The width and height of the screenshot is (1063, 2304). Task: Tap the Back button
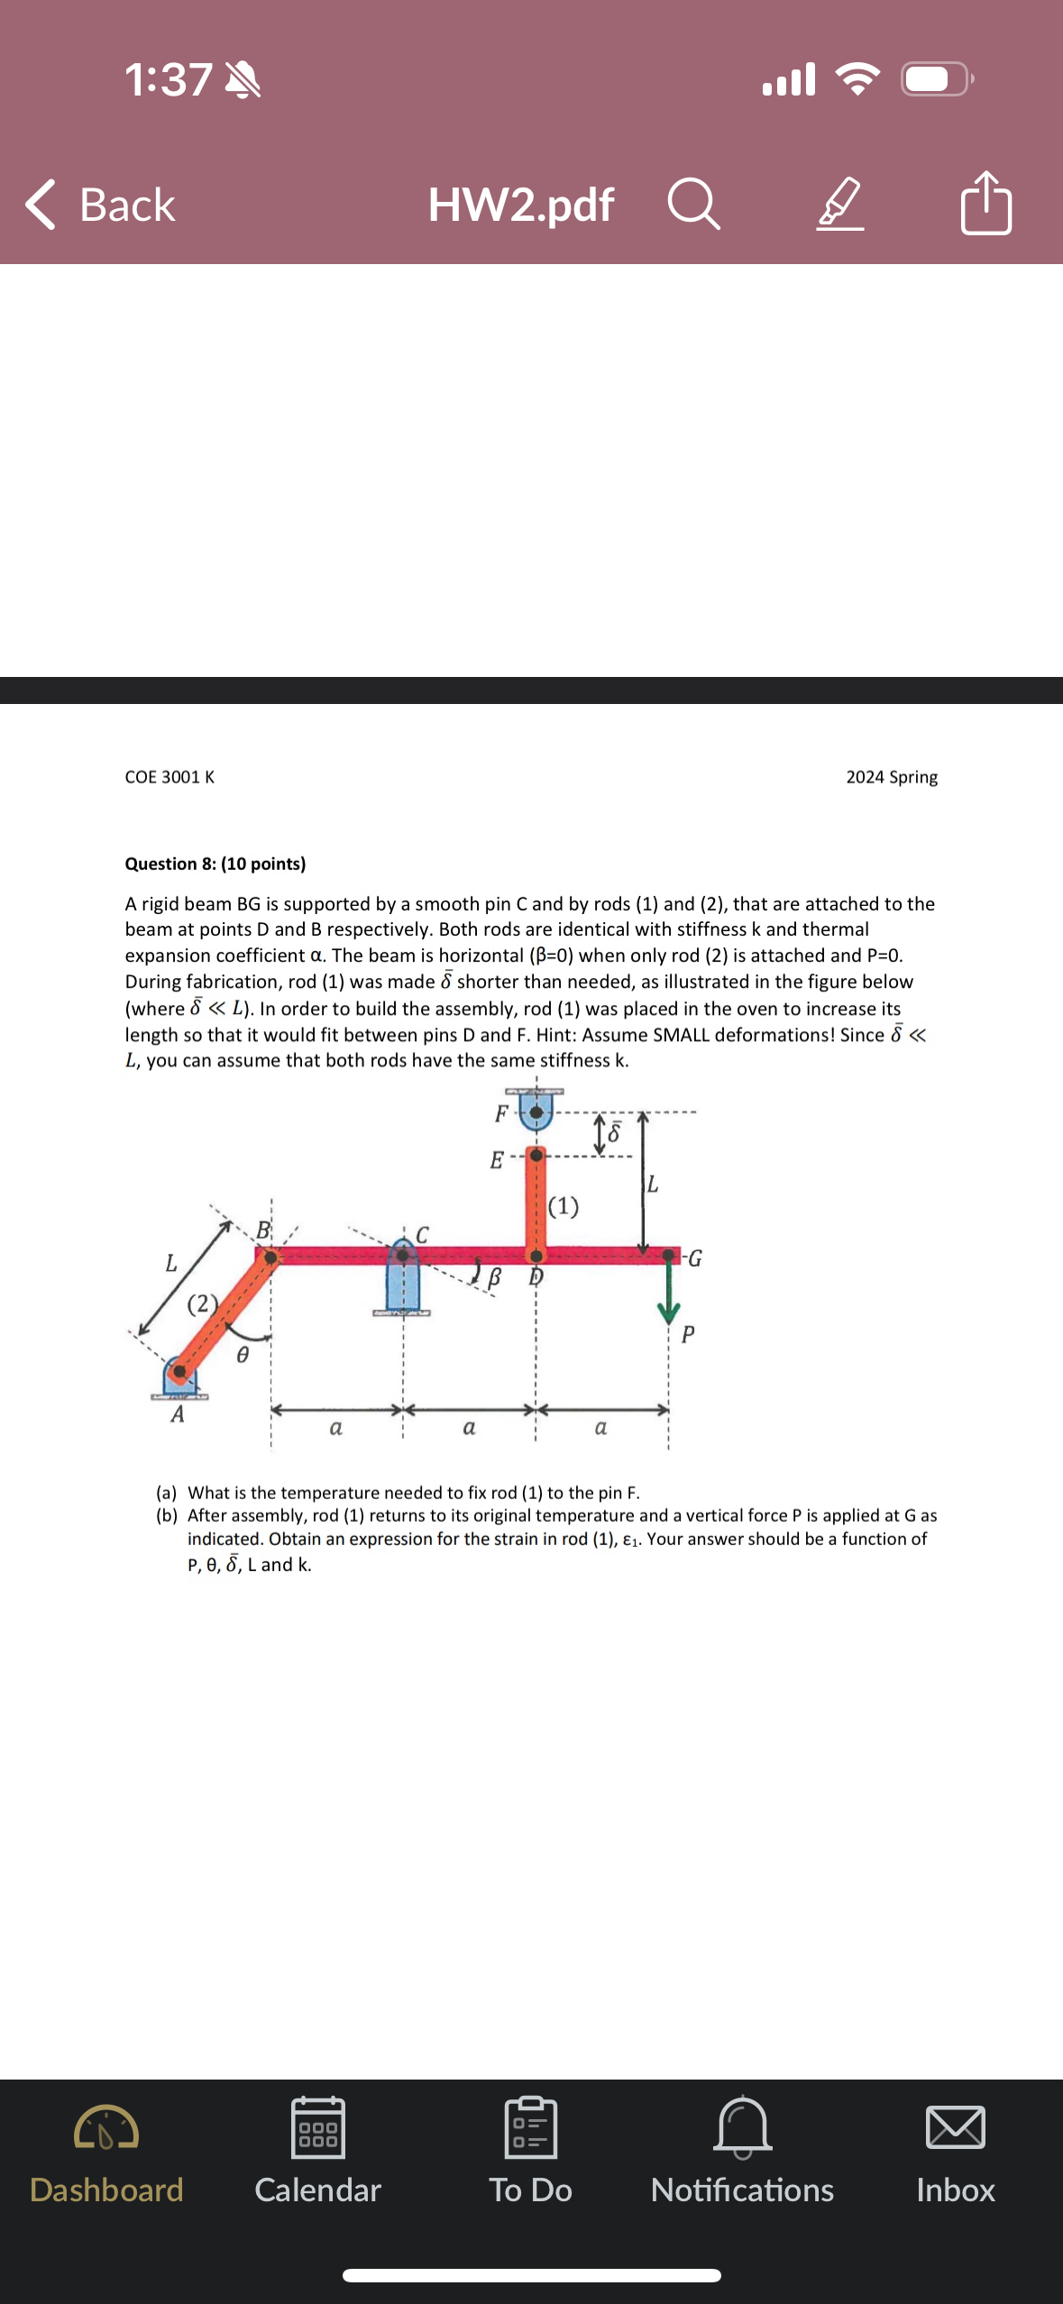(101, 205)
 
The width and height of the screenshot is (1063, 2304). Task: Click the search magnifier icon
(693, 205)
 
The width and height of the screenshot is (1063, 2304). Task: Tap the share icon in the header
(985, 204)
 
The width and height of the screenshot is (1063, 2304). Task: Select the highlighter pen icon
(840, 205)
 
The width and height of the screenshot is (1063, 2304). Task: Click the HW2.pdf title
(520, 205)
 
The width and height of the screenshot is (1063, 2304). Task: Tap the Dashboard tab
(106, 2154)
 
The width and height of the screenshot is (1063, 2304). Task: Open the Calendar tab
(317, 2154)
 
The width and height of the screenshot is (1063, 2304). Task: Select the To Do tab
(530, 2154)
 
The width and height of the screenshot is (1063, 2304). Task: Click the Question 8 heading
(215, 864)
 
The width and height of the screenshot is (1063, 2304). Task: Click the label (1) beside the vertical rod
(564, 1206)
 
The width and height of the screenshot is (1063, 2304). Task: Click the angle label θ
(242, 1355)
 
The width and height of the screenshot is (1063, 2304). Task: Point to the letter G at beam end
(694, 1258)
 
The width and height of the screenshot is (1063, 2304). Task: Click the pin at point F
(536, 1112)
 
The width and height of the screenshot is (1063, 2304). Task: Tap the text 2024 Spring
(891, 777)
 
